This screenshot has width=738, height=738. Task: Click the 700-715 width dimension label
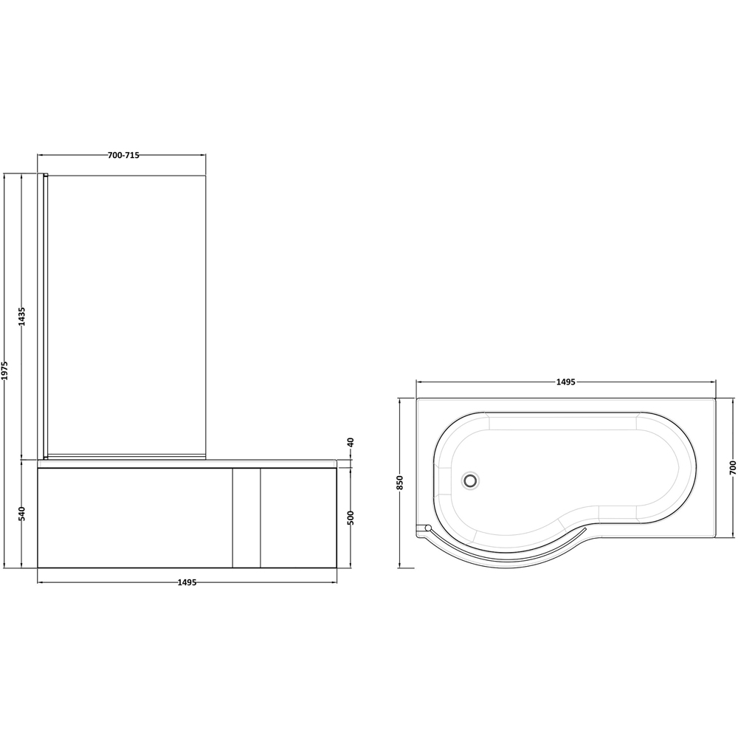pos(123,155)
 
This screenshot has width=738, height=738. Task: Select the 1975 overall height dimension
pos(5,370)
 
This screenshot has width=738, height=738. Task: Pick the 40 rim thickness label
pos(351,443)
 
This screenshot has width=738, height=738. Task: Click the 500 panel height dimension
pos(351,517)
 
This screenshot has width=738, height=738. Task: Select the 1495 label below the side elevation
pos(187,582)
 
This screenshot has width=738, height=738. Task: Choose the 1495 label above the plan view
pos(565,382)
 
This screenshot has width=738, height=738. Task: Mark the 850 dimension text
pos(400,483)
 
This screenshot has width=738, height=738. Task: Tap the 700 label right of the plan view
pos(732,467)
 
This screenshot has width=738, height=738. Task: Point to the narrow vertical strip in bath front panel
pos(246,517)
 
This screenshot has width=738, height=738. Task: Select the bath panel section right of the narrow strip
pos(298,517)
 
